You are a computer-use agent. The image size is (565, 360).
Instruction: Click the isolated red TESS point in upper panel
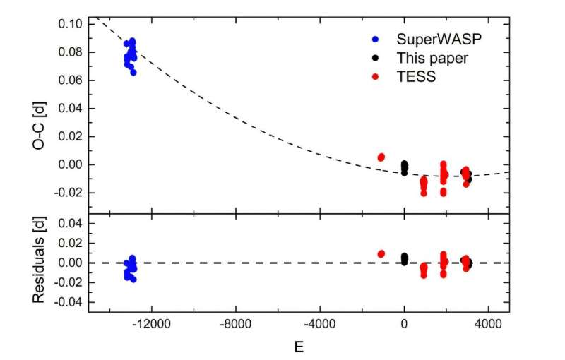[x=381, y=157]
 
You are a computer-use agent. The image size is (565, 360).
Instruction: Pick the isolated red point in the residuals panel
[x=381, y=253]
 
